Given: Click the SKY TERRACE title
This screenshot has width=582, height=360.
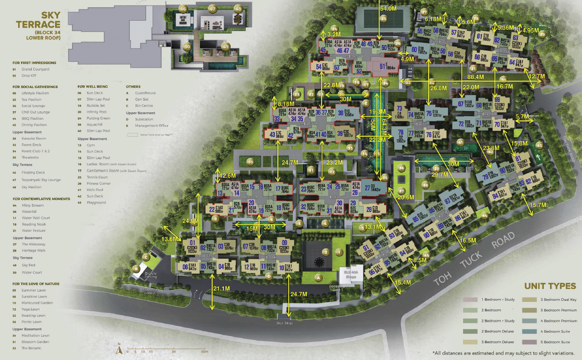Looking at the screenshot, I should (38, 20).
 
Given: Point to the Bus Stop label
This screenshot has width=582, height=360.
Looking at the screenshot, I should (285, 323).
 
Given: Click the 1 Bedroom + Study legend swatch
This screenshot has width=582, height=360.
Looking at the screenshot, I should (471, 300).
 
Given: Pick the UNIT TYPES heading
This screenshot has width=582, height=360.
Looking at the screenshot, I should (550, 286).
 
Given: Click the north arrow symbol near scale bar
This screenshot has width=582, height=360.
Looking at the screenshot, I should (119, 348).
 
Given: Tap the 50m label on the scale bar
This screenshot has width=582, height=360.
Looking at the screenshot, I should (205, 352).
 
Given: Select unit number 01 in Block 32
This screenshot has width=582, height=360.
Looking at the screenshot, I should (193, 243).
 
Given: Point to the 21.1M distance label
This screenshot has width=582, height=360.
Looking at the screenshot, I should (221, 289).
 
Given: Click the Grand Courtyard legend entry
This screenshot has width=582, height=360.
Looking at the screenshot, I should (35, 69).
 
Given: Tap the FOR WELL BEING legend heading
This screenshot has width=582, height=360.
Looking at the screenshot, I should (92, 87).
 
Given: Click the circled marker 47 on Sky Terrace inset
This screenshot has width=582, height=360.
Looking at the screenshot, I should (213, 9).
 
